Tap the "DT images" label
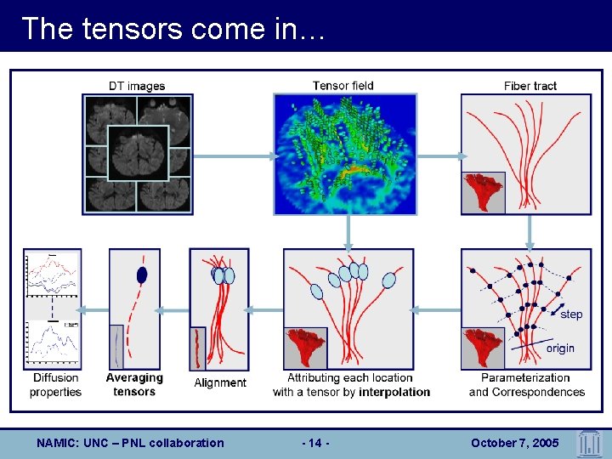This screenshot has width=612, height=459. (137, 86)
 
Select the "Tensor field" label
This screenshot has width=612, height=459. (343, 85)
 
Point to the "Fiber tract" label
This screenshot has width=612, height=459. (530, 86)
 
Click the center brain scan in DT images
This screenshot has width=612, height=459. (137, 152)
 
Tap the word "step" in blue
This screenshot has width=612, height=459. (571, 314)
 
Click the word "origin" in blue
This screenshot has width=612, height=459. (560, 348)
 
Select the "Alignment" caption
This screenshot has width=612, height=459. (220, 382)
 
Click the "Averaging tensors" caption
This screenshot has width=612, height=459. (134, 384)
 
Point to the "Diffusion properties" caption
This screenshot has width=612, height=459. (55, 384)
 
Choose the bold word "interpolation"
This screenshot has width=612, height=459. (394, 392)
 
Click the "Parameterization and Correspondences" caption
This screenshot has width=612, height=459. (527, 384)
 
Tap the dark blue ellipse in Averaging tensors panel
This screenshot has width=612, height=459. (142, 275)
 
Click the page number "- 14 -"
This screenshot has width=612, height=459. (316, 443)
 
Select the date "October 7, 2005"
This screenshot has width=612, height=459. (516, 443)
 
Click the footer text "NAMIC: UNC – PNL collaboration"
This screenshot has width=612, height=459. (131, 443)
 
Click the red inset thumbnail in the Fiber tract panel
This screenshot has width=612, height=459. (483, 192)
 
